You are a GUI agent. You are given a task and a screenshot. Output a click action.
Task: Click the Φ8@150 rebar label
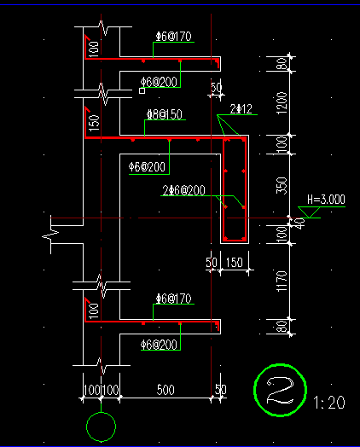tap(165, 114)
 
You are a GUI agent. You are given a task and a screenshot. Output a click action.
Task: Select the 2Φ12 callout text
tap(241, 109)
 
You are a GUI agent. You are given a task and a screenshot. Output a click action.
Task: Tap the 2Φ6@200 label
tap(183, 190)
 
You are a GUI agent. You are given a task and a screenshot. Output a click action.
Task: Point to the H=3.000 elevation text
tap(326, 200)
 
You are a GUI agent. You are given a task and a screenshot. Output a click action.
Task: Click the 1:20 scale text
tap(329, 403)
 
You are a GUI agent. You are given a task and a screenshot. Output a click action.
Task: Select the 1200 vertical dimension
tap(282, 103)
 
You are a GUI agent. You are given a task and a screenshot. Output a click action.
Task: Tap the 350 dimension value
tap(282, 186)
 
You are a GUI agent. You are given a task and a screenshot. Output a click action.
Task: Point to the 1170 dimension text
tap(282, 282)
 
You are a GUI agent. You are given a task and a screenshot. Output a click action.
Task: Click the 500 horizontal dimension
tap(165, 390)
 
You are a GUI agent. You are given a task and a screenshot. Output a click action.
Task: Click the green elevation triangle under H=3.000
tap(309, 212)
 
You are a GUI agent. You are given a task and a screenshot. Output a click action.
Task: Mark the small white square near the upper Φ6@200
tap(142, 90)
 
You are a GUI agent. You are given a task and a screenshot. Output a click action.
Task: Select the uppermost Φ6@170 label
tap(173, 37)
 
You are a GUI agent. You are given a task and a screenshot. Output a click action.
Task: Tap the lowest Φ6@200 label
tap(159, 345)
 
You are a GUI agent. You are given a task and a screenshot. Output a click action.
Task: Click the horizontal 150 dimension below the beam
tap(235, 262)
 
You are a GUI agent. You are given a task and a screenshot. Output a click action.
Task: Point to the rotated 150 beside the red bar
tap(95, 123)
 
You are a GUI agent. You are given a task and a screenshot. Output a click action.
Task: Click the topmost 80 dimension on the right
tap(282, 64)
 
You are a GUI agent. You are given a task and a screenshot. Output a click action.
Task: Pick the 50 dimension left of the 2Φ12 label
tap(216, 87)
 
